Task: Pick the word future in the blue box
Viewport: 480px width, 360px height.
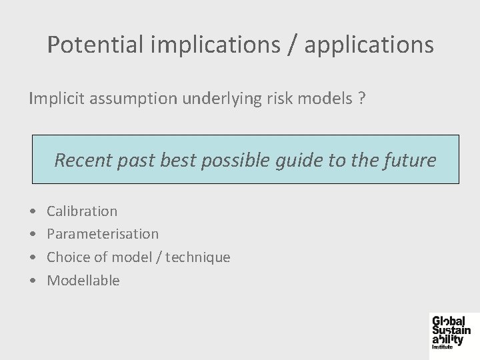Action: (x=413, y=160)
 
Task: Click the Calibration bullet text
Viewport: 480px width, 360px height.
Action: (x=82, y=211)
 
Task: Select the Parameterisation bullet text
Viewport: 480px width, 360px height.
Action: (x=103, y=234)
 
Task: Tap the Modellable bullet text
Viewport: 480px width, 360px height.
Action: (x=83, y=281)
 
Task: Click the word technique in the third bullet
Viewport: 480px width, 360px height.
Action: (x=200, y=257)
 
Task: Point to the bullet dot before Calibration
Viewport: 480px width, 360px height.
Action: (x=33, y=212)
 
